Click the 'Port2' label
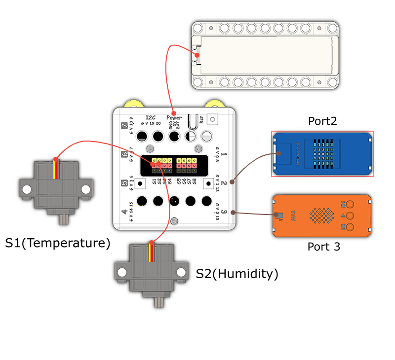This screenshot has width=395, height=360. point(322,121)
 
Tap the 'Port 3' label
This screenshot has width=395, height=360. point(324,247)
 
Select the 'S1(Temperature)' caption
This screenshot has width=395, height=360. point(58,243)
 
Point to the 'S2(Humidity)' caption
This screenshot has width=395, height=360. point(237,273)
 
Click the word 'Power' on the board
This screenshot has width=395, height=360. point(174,118)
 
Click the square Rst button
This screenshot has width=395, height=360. point(212,119)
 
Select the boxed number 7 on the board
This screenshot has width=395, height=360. point(124,125)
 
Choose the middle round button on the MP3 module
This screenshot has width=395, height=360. point(350,216)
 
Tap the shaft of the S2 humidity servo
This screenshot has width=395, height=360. point(158,302)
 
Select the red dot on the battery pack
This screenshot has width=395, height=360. point(197,55)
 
